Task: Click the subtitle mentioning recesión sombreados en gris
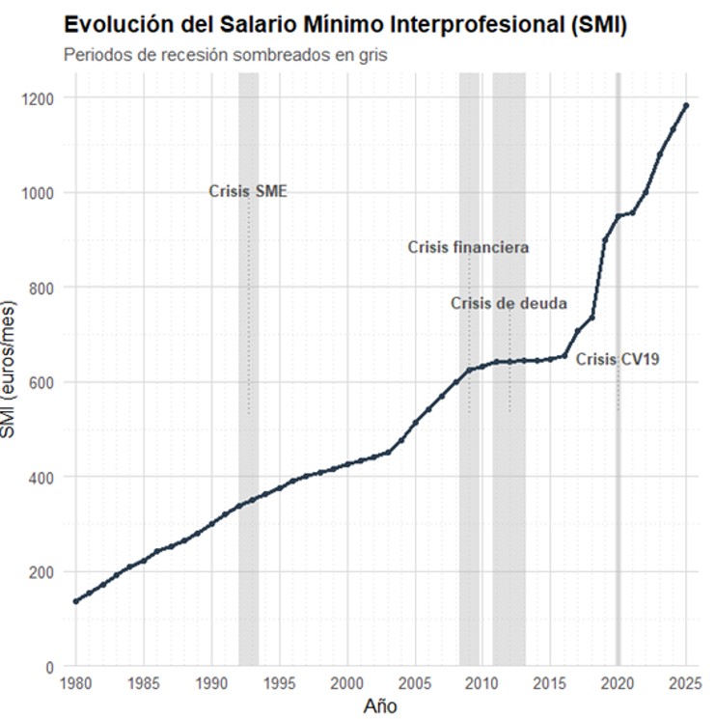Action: pyautogui.click(x=225, y=55)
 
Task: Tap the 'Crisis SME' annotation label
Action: pyautogui.click(x=248, y=191)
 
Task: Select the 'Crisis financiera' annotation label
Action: pyautogui.click(x=468, y=247)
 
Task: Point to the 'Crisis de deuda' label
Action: pyautogui.click(x=509, y=303)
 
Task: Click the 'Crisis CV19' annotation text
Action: pyautogui.click(x=618, y=359)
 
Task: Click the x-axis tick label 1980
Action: pyautogui.click(x=76, y=684)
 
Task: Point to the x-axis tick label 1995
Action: pyautogui.click(x=279, y=684)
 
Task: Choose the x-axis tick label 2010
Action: pyautogui.click(x=481, y=684)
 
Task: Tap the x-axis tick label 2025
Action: pyautogui.click(x=685, y=684)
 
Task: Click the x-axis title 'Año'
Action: pyautogui.click(x=380, y=705)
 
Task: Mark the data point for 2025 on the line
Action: pyautogui.click(x=685, y=105)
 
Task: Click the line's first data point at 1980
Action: pyautogui.click(x=76, y=600)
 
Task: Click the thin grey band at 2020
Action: pyautogui.click(x=618, y=483)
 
